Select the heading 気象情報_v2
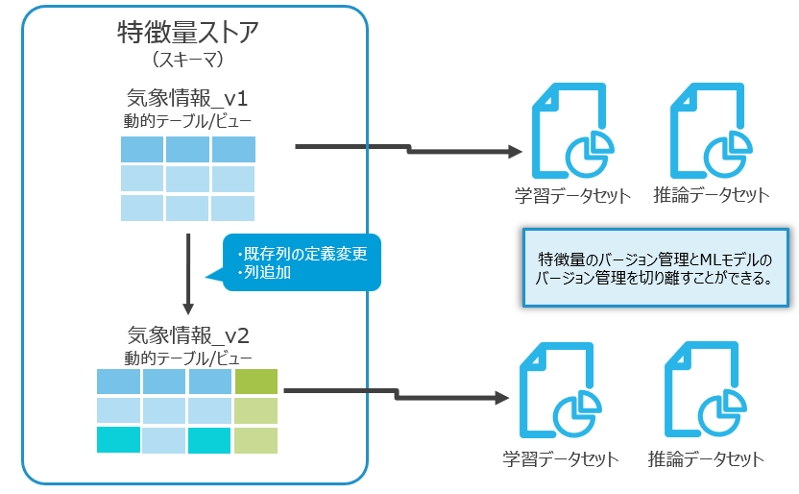[188, 335]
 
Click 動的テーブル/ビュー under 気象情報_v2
[188, 358]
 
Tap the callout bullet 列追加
[270, 273]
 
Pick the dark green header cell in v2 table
[255, 382]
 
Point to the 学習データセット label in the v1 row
[572, 195]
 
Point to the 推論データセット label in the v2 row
[706, 458]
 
